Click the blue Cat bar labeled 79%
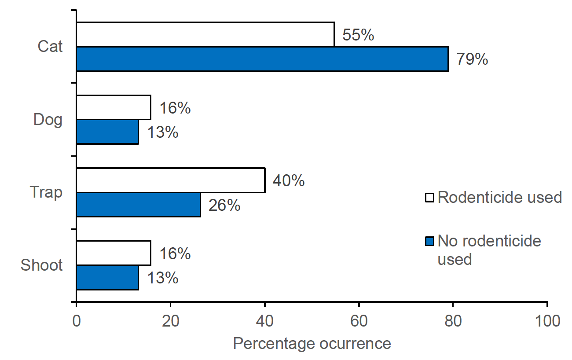(262, 59)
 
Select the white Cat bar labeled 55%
(205, 34)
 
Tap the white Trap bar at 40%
(171, 180)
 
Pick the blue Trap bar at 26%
(138, 205)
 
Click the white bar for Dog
(114, 107)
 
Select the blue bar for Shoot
(107, 278)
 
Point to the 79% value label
(472, 59)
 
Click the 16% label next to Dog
(175, 108)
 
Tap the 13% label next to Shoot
(162, 278)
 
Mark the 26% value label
(224, 205)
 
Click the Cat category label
(50, 46)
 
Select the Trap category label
(46, 192)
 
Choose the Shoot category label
(42, 265)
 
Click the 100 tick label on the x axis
(546, 321)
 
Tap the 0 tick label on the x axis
(77, 321)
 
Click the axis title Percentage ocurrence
(312, 344)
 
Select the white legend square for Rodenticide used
(429, 198)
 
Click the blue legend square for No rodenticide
(429, 241)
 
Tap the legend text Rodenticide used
(500, 197)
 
